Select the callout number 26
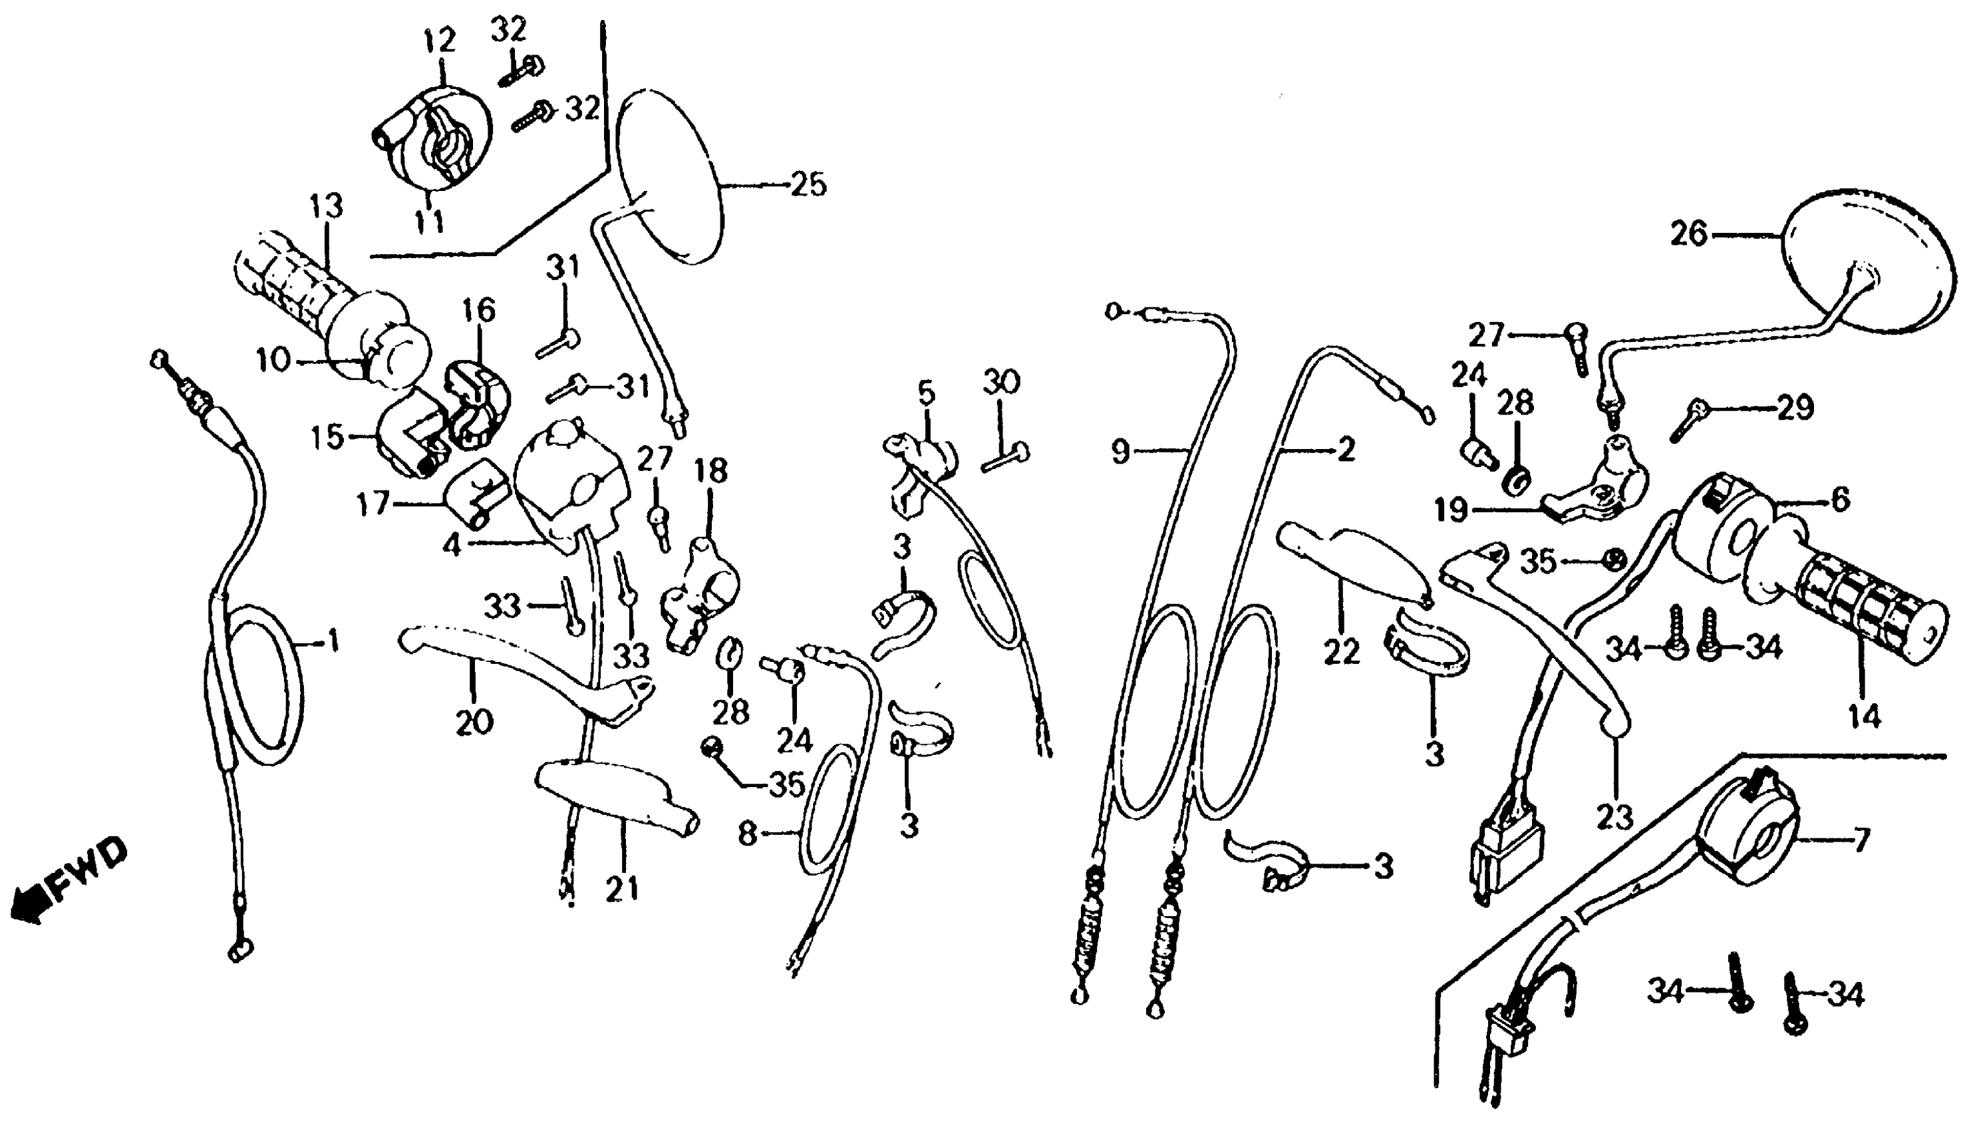click(x=1689, y=234)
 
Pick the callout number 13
click(x=325, y=208)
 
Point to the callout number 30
click(x=1001, y=383)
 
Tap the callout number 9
click(x=1120, y=450)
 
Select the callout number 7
click(x=1861, y=840)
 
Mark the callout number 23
click(x=1615, y=816)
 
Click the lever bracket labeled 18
click(x=699, y=598)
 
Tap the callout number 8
click(x=747, y=834)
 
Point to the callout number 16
click(x=480, y=311)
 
